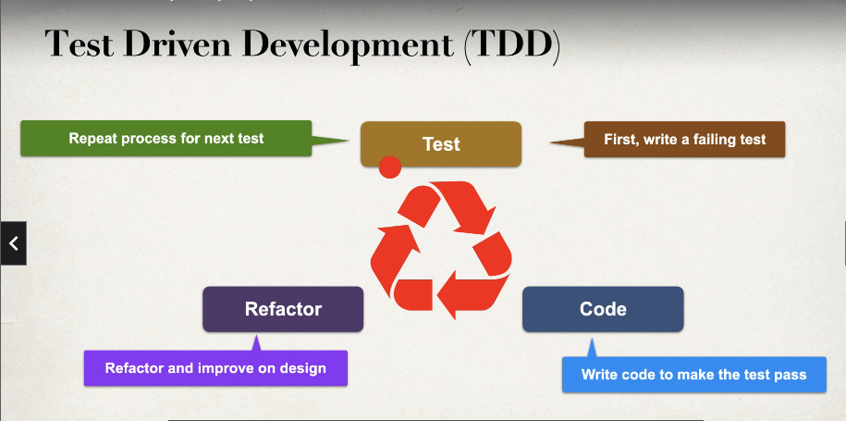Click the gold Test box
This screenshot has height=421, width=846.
coord(441,143)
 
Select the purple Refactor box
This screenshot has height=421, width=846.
coord(283,309)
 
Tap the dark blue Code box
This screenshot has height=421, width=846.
coord(603,309)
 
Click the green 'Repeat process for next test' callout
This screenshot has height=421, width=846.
coord(166,139)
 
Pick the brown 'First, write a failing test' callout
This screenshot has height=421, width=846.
coord(684,140)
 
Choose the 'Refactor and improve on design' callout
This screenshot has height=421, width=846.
coord(215,368)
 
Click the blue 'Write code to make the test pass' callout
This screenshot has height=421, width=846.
coord(693,375)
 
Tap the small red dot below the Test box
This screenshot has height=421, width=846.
coord(390,167)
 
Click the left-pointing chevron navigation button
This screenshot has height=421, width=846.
coord(13,243)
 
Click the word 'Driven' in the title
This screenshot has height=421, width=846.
coord(189,44)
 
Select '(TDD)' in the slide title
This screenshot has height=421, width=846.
coord(512,46)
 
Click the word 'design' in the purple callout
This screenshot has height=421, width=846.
coord(303,368)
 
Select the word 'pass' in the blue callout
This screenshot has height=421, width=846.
coord(790,375)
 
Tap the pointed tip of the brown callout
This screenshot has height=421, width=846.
coord(552,142)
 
